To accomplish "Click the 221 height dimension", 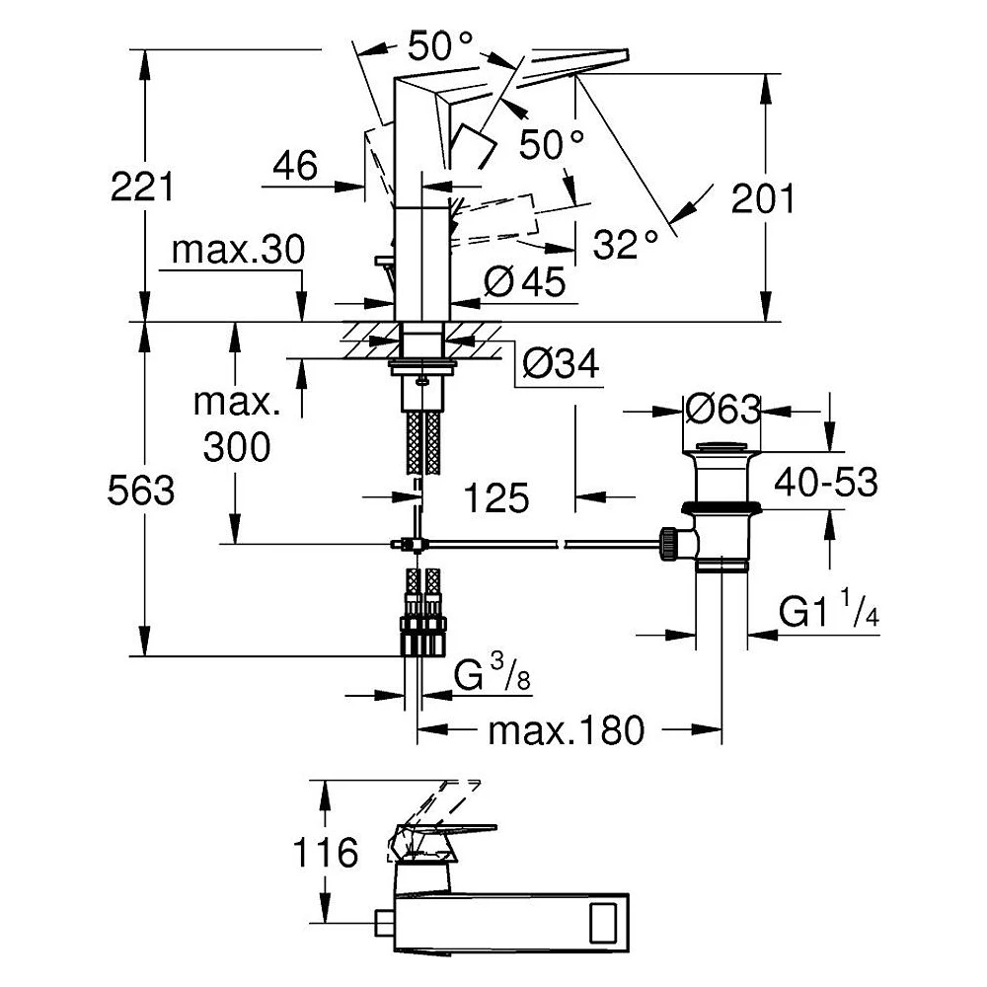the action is pos(141,187).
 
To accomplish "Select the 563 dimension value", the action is pos(141,491).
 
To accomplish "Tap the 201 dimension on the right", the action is pos(763,199).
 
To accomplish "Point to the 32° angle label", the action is pos(626,244).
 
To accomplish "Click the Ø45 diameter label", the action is pos(525,281).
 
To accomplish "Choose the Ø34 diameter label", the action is pos(561,364).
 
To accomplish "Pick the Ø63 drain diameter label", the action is pos(723,410).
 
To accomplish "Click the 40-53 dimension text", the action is pos(826,483).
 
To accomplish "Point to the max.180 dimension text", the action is pos(567,730).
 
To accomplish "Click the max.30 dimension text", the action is pos(238,250).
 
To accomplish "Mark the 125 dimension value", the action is pos(496,498).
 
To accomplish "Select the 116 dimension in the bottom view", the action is pos(326,853).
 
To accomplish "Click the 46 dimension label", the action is pos(295,166).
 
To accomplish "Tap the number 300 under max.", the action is pos(237,447).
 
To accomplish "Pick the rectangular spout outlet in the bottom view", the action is pos(603,924).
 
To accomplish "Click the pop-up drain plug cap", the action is pos(722,447).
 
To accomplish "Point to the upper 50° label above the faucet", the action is pos(440,46).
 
